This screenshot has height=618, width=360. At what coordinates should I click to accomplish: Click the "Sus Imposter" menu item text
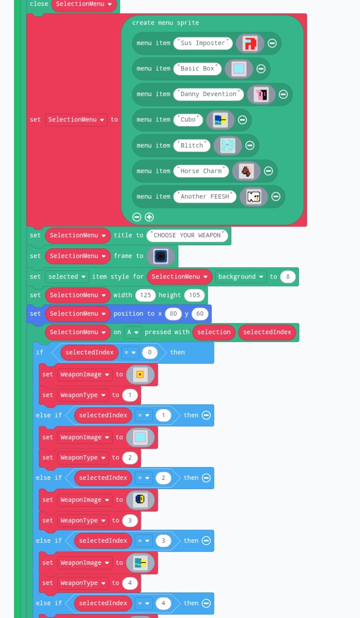tap(203, 43)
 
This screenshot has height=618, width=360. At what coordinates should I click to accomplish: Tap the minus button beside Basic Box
tap(261, 69)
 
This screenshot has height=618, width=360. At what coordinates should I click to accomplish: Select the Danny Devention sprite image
tap(261, 94)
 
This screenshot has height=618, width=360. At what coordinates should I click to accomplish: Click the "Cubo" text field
tap(188, 120)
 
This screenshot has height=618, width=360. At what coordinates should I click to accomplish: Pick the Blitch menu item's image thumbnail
tap(228, 146)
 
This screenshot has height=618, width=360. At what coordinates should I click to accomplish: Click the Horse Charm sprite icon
tap(246, 171)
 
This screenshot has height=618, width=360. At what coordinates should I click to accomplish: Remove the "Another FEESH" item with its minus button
tap(276, 197)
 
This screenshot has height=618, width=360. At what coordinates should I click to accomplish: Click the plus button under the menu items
tap(149, 217)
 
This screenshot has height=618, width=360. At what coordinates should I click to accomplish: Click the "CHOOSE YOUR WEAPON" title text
tap(187, 235)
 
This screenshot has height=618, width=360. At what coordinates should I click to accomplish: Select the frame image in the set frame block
tap(161, 256)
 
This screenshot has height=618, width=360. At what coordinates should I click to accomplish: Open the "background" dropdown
tap(241, 277)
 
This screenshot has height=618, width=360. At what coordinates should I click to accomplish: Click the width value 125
tap(145, 295)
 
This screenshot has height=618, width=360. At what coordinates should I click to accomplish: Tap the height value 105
tap(194, 295)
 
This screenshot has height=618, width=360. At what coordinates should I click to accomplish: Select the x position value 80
tap(173, 314)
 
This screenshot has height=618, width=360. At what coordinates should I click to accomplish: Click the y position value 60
tap(200, 314)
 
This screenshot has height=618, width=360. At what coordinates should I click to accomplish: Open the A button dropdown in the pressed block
tap(132, 332)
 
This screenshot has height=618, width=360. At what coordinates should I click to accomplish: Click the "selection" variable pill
tap(214, 332)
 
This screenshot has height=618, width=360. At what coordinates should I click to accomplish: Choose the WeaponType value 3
tap(130, 521)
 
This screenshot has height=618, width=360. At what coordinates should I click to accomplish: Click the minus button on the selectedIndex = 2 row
tap(206, 478)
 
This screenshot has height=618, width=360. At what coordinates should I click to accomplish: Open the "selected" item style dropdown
tap(66, 277)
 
